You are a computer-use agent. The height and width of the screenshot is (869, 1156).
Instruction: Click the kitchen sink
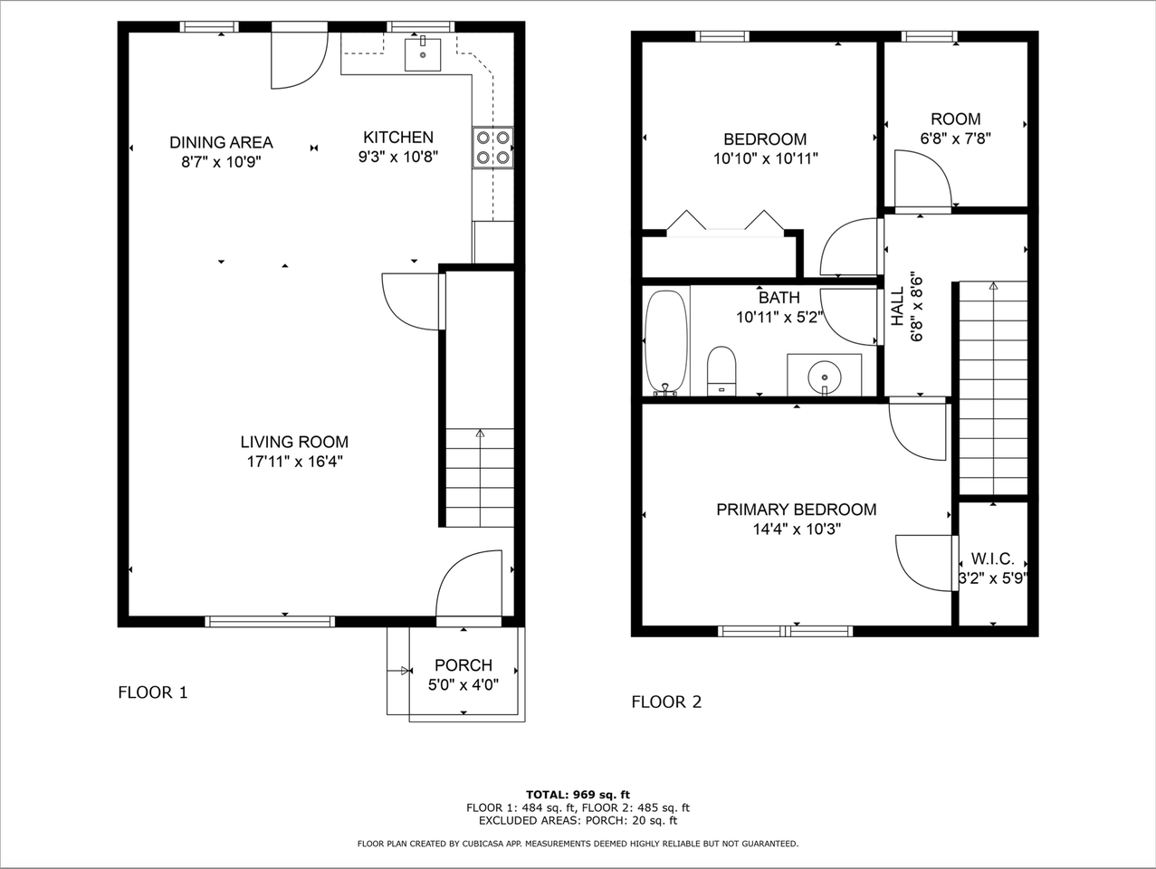[423, 53]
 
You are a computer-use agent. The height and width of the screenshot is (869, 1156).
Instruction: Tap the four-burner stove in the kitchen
[492, 148]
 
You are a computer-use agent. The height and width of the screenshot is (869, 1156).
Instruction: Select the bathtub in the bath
[666, 342]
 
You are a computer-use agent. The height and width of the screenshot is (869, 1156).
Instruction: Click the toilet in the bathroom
[721, 369]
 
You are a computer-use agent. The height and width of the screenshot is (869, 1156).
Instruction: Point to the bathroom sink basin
[825, 374]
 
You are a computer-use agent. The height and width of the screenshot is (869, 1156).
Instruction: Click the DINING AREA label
[221, 142]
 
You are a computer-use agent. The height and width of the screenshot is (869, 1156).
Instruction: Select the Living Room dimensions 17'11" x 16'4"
[294, 462]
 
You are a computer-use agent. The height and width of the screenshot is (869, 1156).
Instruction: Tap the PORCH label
[463, 665]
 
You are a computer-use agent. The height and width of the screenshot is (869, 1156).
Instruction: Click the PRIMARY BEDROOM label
[796, 510]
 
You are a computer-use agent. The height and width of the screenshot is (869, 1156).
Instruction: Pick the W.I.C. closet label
[992, 559]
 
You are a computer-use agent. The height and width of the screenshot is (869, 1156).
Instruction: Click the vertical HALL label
[897, 307]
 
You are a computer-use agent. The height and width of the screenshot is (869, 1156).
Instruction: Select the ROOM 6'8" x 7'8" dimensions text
[955, 139]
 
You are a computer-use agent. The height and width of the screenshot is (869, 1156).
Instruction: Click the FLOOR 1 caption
[153, 692]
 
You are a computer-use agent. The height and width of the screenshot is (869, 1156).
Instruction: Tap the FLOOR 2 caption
[666, 702]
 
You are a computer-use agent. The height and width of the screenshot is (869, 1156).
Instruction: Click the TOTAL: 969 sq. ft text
[578, 795]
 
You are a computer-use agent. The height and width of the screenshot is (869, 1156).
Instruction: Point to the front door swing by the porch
[469, 586]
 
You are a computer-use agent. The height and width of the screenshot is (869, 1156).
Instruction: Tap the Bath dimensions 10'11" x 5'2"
[779, 317]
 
